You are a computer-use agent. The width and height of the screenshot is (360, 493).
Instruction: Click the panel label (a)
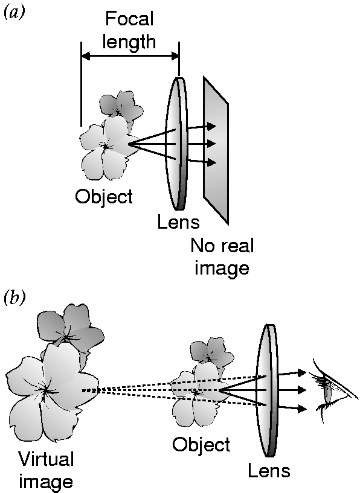coord(13,13)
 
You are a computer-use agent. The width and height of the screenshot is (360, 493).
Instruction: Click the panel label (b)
coord(13,298)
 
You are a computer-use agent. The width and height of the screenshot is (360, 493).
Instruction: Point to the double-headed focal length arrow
coord(130,57)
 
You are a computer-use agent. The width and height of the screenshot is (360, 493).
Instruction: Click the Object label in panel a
coord(104,197)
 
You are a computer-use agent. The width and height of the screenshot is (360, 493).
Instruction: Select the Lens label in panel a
coord(178,221)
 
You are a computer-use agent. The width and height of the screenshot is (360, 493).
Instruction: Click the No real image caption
coord(222,257)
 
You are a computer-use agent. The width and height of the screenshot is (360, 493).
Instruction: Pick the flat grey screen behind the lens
coord(216,150)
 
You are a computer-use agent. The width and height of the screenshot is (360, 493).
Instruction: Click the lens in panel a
coord(176,144)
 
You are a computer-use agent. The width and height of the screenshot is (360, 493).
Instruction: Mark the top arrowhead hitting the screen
coord(211,126)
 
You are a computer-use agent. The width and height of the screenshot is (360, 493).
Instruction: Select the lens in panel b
coord(268,390)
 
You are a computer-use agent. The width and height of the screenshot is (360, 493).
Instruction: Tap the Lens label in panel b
coord(269,471)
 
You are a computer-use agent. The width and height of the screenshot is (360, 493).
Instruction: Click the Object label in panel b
coord(201,445)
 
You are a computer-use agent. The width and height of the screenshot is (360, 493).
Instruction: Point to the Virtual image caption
coord(46,469)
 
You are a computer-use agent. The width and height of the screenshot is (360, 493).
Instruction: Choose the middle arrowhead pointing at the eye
coord(302,390)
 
